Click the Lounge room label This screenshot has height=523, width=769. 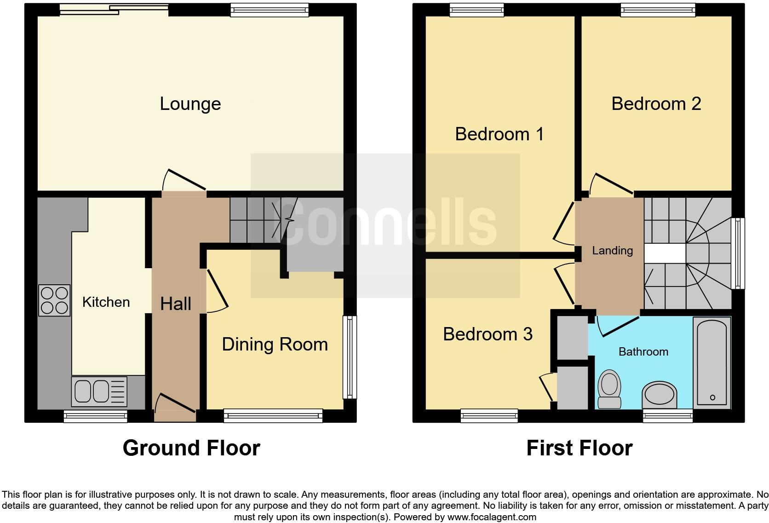click(x=190, y=104)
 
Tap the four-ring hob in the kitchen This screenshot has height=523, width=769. click(x=55, y=300)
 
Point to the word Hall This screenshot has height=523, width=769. click(x=176, y=304)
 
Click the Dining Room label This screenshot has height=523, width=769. click(x=275, y=345)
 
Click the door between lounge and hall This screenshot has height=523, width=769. click(x=184, y=182)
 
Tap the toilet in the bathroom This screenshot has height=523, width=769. click(x=609, y=389)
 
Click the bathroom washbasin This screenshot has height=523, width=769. click(x=660, y=395)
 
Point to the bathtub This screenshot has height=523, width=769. click(x=712, y=363)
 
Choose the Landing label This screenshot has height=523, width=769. click(x=612, y=251)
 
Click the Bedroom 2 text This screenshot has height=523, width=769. click(x=656, y=104)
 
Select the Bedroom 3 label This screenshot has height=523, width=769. click(x=488, y=334)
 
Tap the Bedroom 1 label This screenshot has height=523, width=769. click(x=499, y=134)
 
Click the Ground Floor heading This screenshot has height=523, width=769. click(x=191, y=448)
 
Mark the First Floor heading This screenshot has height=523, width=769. click(x=579, y=448)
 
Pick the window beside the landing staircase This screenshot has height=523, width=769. click(x=738, y=253)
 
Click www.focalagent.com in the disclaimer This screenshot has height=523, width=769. click(x=491, y=517)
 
